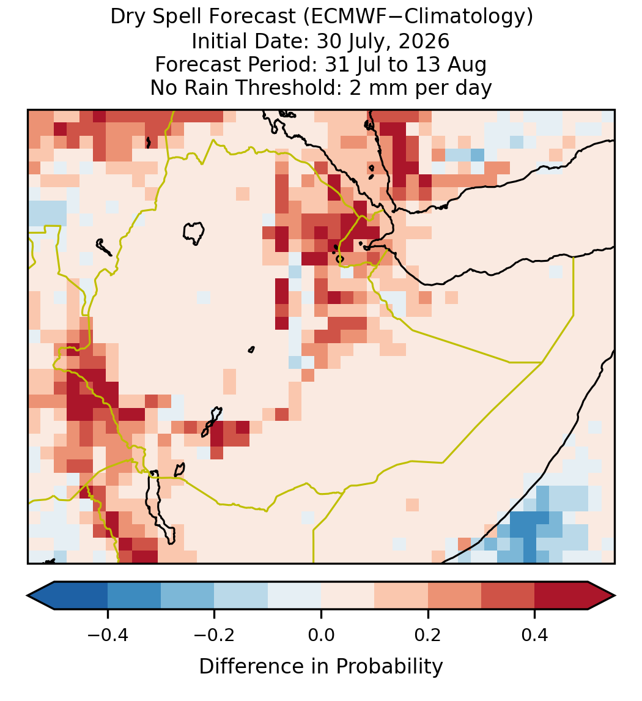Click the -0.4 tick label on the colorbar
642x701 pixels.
[x=107, y=635]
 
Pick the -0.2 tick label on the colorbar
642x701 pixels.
[x=214, y=635]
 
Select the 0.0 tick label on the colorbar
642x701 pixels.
[x=321, y=635]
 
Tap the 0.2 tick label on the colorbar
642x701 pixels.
[x=428, y=635]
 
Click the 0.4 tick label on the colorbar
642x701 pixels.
[x=535, y=635]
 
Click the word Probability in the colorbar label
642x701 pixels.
[x=389, y=667]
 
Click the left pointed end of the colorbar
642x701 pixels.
[x=28, y=596]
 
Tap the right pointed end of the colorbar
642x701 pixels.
[x=614, y=596]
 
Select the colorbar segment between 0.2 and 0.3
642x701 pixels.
[x=454, y=596]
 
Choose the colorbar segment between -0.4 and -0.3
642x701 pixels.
[x=134, y=596]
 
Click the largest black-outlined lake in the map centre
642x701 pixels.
[x=193, y=232]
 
